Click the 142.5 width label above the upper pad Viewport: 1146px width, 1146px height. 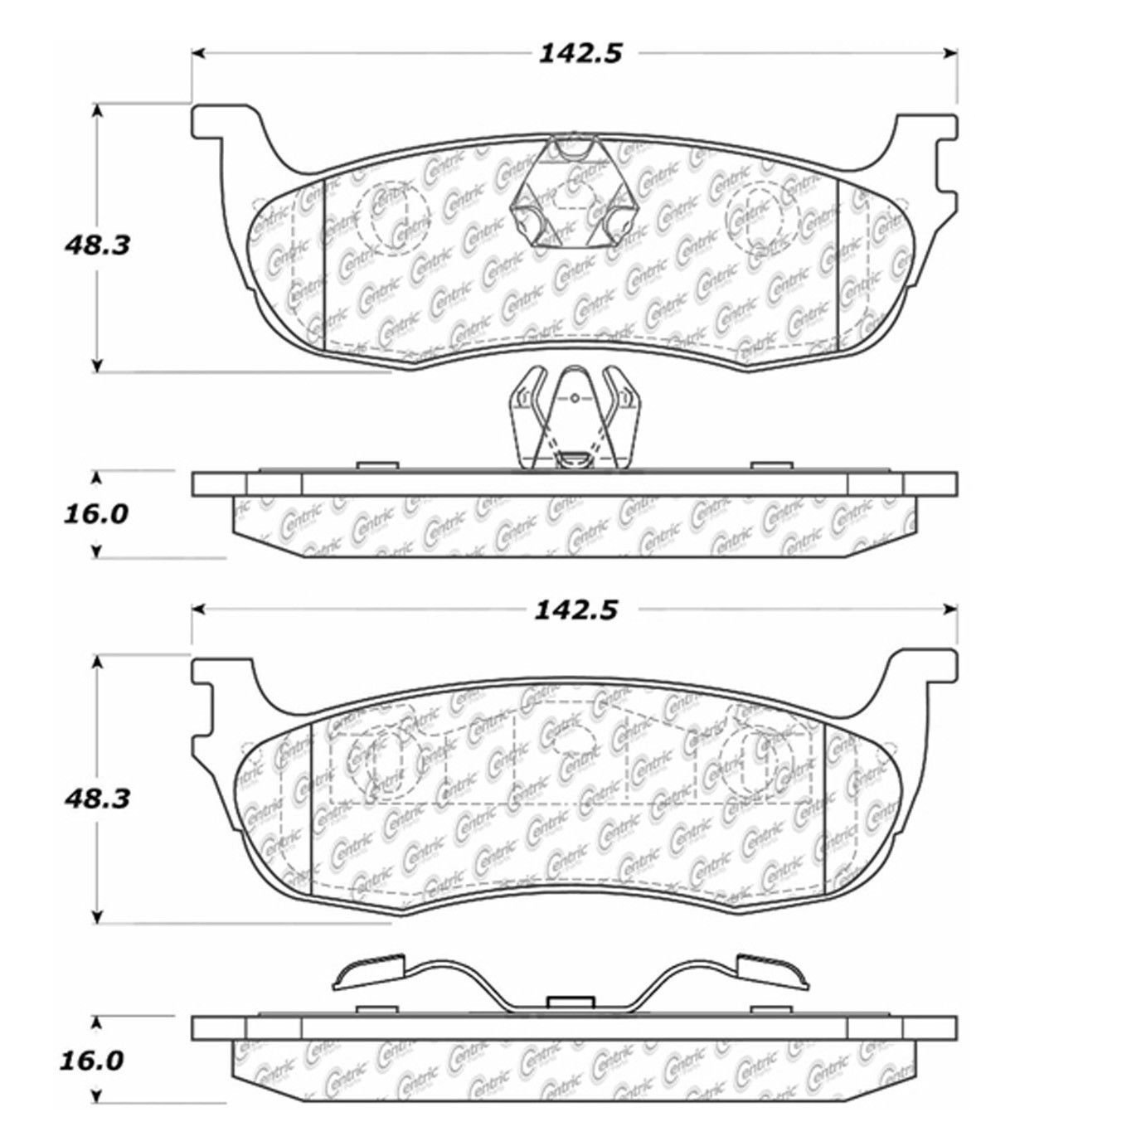point(580,54)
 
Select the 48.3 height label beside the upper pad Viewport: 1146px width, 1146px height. point(98,245)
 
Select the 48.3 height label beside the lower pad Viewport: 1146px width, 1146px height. point(98,799)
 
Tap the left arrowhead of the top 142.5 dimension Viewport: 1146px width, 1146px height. point(198,54)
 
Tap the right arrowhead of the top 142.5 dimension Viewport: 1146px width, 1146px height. point(951,54)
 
